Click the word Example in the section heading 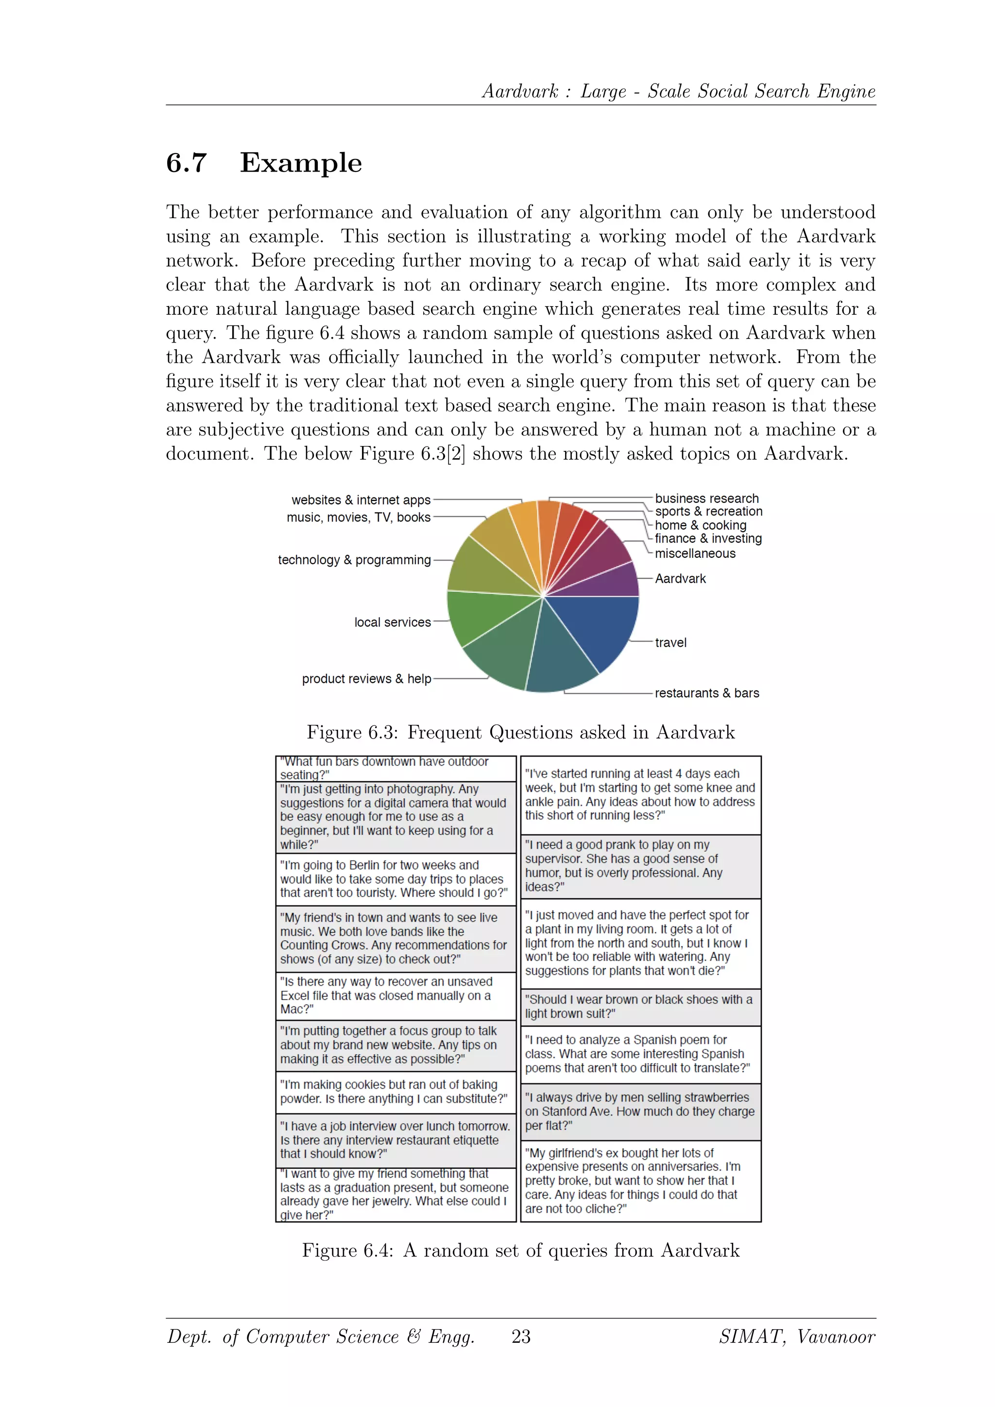coord(301,163)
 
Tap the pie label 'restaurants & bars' coord(706,693)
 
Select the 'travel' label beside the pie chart coord(670,643)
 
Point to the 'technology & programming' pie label coord(354,560)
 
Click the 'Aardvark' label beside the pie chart coord(680,579)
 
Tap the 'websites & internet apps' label coord(361,500)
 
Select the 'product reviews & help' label coord(366,679)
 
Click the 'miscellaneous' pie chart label coord(695,553)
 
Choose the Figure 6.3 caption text coord(521,732)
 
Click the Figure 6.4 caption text coord(521,1250)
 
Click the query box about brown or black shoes coord(640,1006)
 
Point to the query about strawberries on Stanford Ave coord(640,1111)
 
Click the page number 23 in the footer coord(521,1337)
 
